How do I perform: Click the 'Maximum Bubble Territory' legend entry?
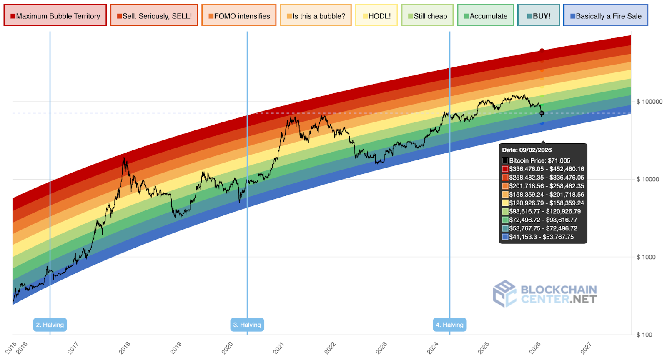tap(55, 16)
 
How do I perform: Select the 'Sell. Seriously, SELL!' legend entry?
tap(154, 16)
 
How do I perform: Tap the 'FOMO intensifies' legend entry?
tap(239, 16)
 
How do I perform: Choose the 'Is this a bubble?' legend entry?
tap(316, 16)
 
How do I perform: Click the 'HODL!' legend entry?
tap(376, 16)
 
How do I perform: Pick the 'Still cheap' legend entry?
tap(427, 16)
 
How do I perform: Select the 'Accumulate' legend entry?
tap(485, 16)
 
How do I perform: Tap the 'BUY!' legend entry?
tap(539, 16)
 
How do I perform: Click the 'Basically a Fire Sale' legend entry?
tap(606, 16)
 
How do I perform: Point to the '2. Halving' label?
tap(50, 325)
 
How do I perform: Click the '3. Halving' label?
tap(247, 325)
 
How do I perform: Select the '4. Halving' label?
tap(450, 325)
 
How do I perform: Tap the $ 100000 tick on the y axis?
tap(649, 102)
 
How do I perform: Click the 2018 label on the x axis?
tap(125, 347)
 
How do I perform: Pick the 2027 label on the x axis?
tap(586, 347)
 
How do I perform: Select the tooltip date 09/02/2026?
tap(527, 150)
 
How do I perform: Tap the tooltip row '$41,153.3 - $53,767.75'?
tap(541, 237)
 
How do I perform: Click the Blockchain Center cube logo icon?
tap(505, 293)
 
